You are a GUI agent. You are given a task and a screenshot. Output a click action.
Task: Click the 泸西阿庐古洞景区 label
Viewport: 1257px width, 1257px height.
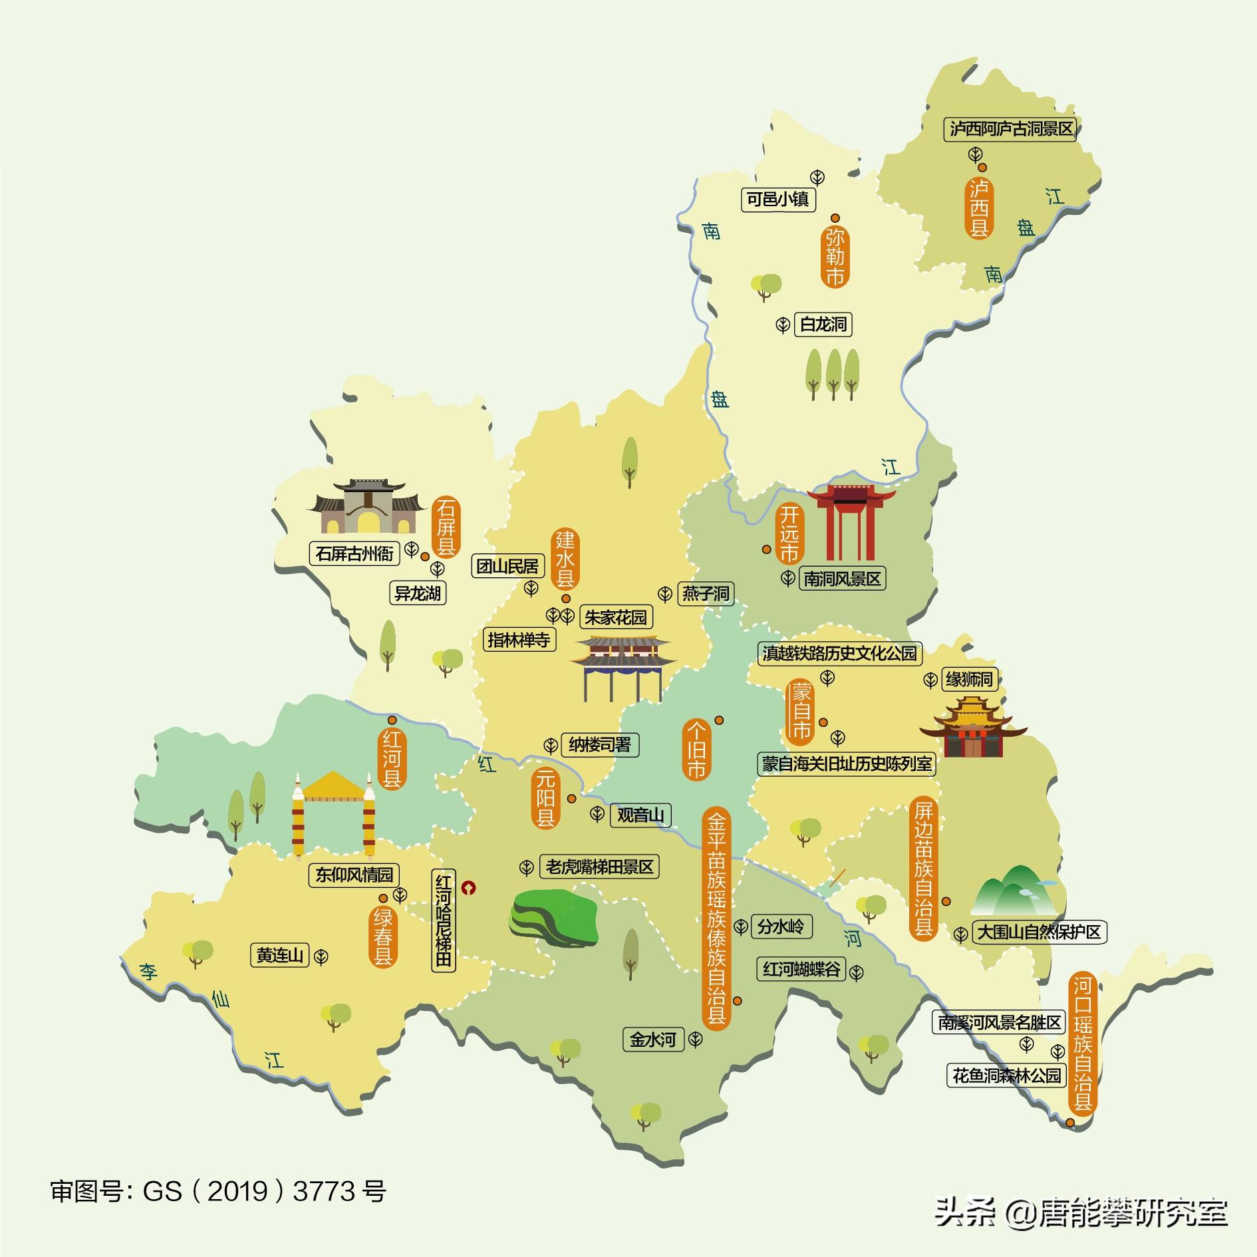[x=1010, y=129]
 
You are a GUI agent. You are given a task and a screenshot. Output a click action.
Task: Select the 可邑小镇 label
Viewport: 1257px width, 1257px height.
[x=778, y=199]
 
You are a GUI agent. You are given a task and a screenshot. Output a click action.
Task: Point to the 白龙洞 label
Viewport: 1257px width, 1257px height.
[x=823, y=325]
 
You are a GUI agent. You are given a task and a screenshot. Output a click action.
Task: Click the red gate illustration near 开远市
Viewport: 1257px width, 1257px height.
[x=851, y=522]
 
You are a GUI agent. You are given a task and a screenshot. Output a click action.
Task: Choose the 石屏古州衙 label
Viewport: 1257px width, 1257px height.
[x=354, y=553]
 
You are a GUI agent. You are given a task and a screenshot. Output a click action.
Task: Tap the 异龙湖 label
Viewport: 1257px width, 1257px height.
[x=418, y=593]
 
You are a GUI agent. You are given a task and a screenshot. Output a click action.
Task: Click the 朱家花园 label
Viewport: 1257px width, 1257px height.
[x=615, y=617]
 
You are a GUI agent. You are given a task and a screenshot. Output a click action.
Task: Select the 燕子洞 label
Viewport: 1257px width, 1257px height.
[x=706, y=593]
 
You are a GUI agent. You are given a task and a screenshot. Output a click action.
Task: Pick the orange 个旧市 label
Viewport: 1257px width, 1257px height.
[x=696, y=749]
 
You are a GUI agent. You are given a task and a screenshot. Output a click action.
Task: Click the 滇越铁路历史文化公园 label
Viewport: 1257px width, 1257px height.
[x=839, y=653]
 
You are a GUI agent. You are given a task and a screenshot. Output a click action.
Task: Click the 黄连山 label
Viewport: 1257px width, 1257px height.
[x=280, y=956]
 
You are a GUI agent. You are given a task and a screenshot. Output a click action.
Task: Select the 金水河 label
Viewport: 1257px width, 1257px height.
[x=653, y=1039]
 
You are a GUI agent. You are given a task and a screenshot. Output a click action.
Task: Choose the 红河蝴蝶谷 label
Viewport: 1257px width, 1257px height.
[x=801, y=969]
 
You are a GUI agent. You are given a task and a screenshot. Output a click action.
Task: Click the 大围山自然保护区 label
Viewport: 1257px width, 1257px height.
[x=1038, y=932]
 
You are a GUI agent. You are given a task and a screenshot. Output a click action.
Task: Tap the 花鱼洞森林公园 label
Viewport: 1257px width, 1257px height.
[x=1006, y=1075]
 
